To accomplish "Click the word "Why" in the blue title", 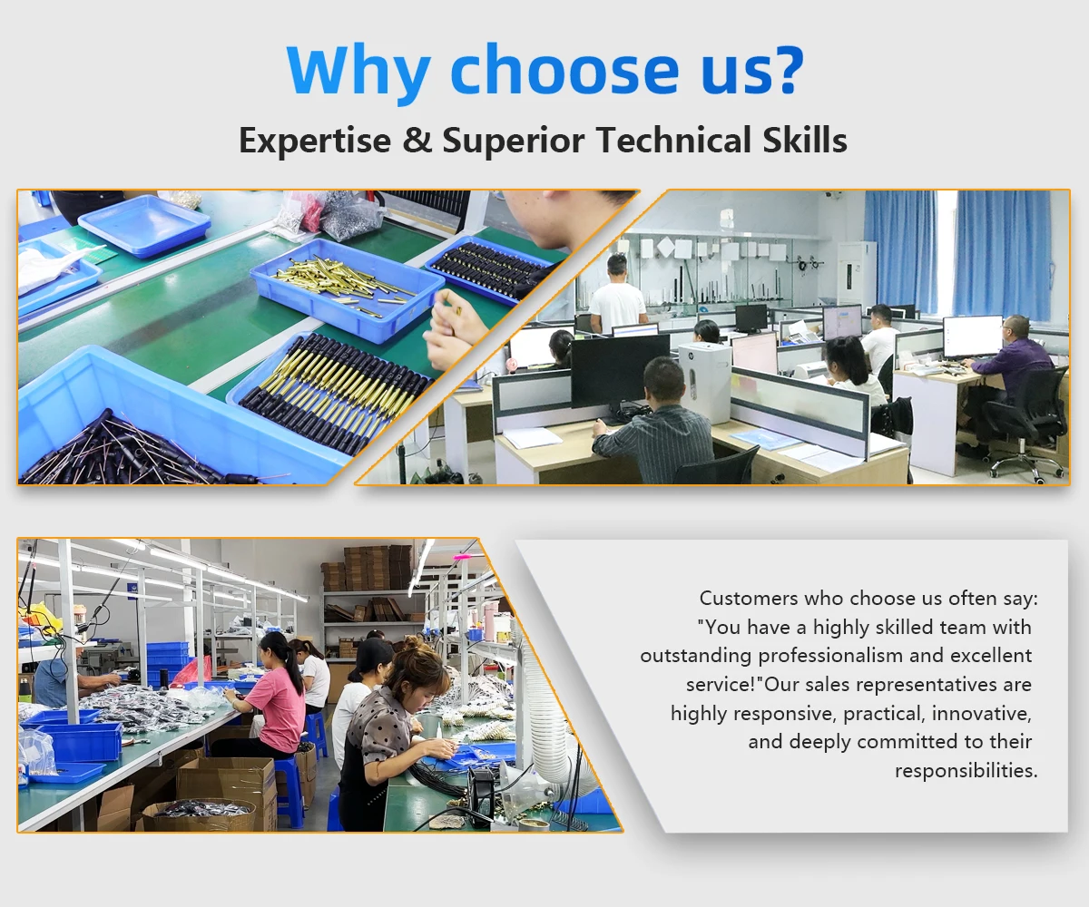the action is (x=358, y=72).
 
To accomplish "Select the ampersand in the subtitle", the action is (x=417, y=140).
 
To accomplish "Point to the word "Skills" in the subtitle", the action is (x=805, y=140).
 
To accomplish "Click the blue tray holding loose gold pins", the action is (x=347, y=289).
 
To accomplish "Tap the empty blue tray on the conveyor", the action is (x=144, y=226).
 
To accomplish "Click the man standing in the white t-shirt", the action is (x=617, y=295).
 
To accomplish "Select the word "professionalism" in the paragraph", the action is (x=830, y=656).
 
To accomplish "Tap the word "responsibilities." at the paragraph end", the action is (x=966, y=771).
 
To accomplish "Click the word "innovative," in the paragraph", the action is (x=981, y=714).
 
